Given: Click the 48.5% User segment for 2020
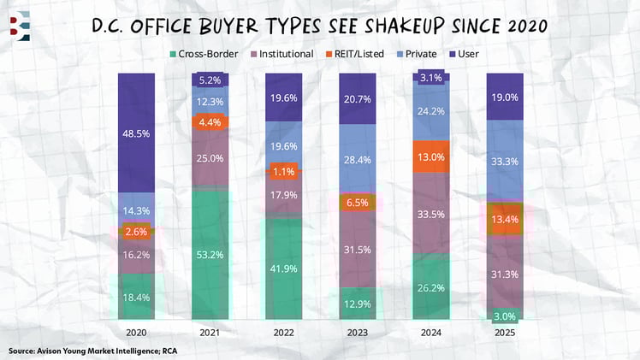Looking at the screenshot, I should click(138, 134).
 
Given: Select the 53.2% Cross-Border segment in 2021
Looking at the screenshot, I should click(211, 253).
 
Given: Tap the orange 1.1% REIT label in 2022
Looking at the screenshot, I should click(285, 171).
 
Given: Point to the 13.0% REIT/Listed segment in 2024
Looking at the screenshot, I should click(432, 156).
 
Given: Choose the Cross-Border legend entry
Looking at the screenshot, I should click(206, 54).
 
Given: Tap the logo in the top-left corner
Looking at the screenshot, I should click(20, 24).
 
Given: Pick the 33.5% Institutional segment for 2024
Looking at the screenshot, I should click(432, 214).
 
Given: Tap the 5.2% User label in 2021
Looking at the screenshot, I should click(211, 80).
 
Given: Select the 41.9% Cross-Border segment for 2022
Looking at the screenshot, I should click(285, 268).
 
